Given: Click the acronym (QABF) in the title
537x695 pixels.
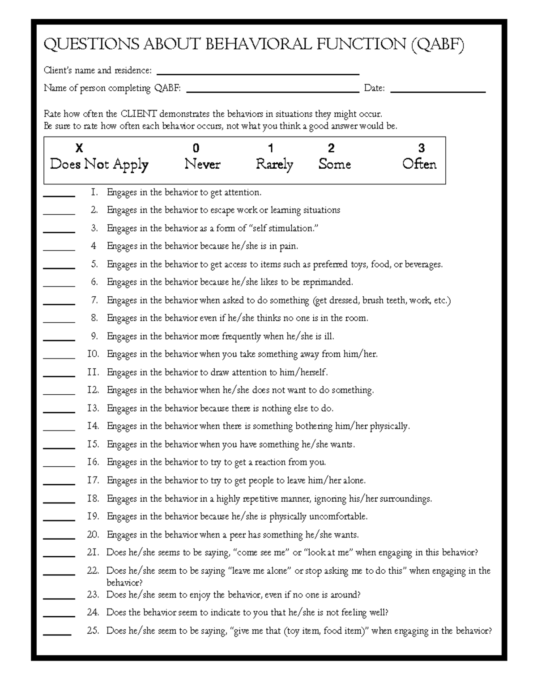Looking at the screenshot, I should [x=437, y=45].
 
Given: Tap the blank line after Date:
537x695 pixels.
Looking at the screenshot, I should [x=438, y=92].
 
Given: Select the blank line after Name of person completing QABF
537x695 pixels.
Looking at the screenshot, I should [x=273, y=92].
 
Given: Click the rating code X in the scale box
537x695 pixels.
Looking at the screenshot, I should [x=79, y=148].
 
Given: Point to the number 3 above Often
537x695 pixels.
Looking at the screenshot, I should [x=421, y=148].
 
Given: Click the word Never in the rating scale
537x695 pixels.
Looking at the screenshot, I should [x=202, y=165].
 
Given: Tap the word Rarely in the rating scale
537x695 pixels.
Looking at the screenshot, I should [x=274, y=165].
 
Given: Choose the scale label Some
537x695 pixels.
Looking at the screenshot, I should [x=334, y=165].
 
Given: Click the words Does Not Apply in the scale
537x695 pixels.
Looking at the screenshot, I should [x=99, y=165].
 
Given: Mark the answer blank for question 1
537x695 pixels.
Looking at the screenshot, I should [x=59, y=196].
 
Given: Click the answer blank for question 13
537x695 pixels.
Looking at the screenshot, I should [x=59, y=412].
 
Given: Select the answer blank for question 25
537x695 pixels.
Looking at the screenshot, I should [x=57, y=634].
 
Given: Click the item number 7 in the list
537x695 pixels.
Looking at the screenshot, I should [x=94, y=300].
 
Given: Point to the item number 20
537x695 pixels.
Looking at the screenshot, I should [x=93, y=535].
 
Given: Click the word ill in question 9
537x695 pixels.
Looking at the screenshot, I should [x=328, y=337].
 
